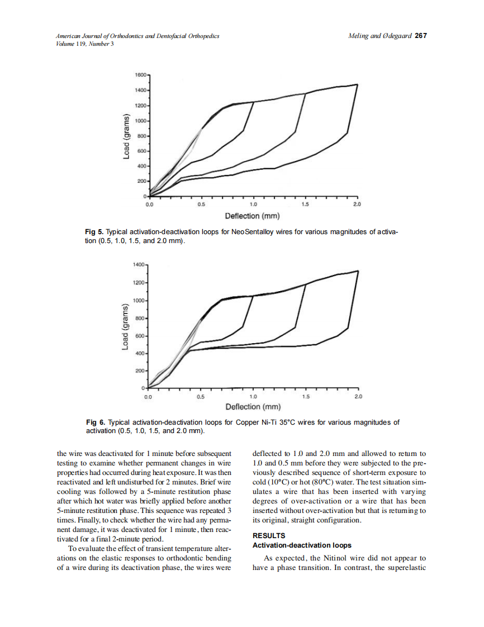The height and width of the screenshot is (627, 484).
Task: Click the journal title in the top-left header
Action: tap(137, 36)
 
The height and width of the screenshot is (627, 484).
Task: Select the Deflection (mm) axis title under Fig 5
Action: tap(252, 216)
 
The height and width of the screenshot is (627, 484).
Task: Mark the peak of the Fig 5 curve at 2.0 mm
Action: tap(357, 84)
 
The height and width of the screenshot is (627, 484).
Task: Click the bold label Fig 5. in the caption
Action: tap(93, 231)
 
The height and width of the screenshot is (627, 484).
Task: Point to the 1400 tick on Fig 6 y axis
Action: tap(139, 263)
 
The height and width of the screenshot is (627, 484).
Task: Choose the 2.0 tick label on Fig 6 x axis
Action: tap(358, 396)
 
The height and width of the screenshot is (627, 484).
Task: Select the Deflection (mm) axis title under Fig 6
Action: tap(252, 407)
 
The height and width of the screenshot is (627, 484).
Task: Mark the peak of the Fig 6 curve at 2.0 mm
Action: tap(357, 271)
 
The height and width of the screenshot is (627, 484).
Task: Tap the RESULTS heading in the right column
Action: tap(269, 535)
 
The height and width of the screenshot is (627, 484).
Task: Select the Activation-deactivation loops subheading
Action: tap(302, 544)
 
